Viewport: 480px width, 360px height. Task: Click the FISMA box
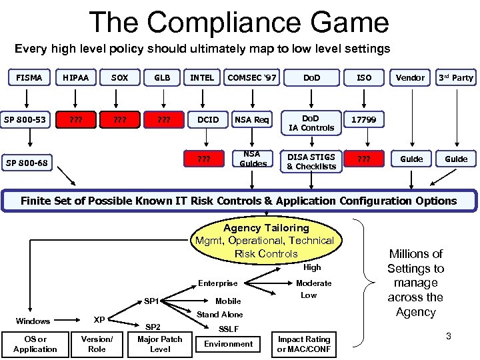click(29, 77)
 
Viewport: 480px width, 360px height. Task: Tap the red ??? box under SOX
click(120, 119)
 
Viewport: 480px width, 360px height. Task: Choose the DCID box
click(208, 119)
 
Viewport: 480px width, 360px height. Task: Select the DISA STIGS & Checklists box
click(311, 161)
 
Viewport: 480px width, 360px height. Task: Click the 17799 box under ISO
click(364, 119)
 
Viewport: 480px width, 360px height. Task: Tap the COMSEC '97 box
click(253, 77)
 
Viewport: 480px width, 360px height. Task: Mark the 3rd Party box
click(456, 77)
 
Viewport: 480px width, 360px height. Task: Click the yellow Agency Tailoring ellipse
click(265, 241)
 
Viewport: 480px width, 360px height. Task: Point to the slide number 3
click(449, 336)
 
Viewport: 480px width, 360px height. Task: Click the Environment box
click(229, 344)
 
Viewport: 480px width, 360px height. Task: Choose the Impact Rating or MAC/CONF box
click(303, 344)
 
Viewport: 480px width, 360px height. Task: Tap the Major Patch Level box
click(160, 344)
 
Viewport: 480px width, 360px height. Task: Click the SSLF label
click(230, 329)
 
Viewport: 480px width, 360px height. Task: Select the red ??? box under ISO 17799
click(364, 159)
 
